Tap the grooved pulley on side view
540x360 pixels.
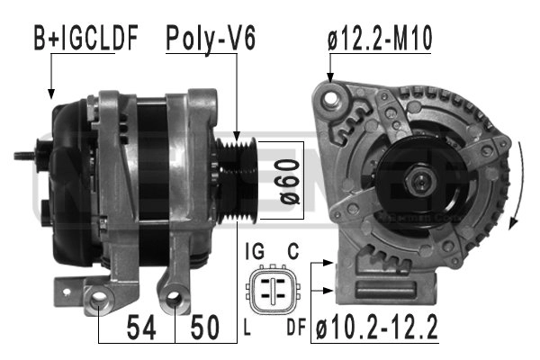(x=239, y=179)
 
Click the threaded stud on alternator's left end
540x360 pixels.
(x=27, y=156)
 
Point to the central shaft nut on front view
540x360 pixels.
(x=420, y=184)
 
